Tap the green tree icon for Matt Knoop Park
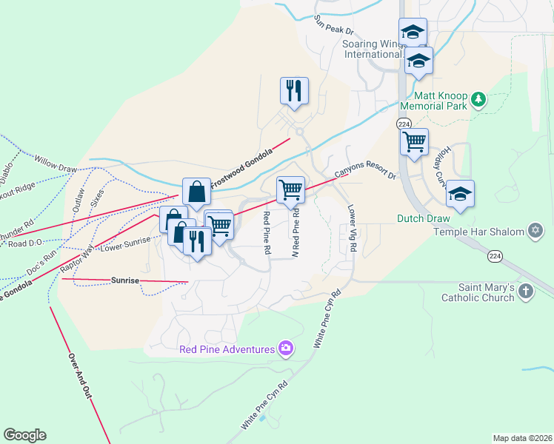tap(478, 98)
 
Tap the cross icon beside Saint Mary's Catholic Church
tap(525, 290)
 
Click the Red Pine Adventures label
tap(227, 349)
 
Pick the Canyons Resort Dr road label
tap(365, 172)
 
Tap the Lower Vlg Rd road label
tap(352, 229)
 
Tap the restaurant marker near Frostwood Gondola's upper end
tap(294, 92)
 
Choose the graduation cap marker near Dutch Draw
tap(460, 194)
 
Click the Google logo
tap(24, 435)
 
